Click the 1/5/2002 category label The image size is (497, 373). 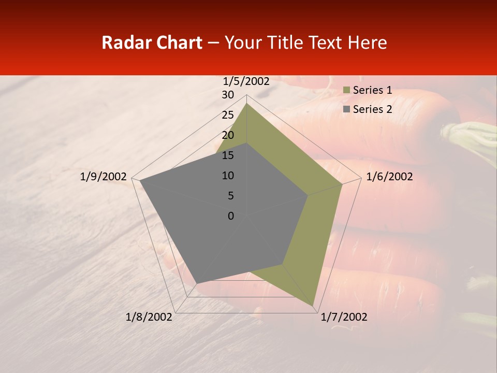tap(246, 81)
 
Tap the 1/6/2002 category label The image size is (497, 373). tap(389, 177)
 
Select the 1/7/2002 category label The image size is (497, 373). tap(344, 317)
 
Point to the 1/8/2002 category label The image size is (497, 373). tap(149, 317)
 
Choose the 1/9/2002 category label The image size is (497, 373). tap(104, 177)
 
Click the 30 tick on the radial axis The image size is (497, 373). tap(228, 95)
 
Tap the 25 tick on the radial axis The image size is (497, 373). tap(228, 115)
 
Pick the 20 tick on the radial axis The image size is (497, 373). tap(228, 135)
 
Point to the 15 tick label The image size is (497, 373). tap(228, 155)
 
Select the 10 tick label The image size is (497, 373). tap(228, 176)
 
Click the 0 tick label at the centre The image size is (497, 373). tap(231, 216)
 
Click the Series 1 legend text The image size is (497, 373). tap(372, 90)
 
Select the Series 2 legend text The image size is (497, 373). tap(372, 109)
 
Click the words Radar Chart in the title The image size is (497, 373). tap(152, 43)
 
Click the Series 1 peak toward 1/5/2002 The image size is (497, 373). tap(246, 103)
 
